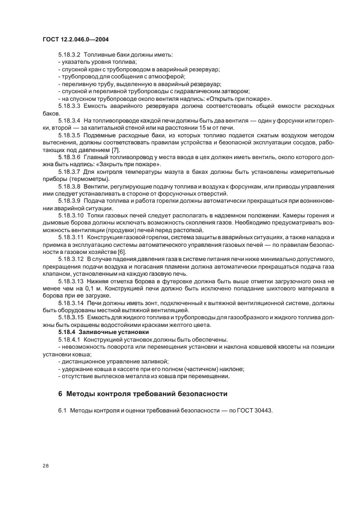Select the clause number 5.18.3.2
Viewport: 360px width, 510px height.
click(x=69, y=55)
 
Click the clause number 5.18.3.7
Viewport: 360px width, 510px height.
click(x=69, y=172)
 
